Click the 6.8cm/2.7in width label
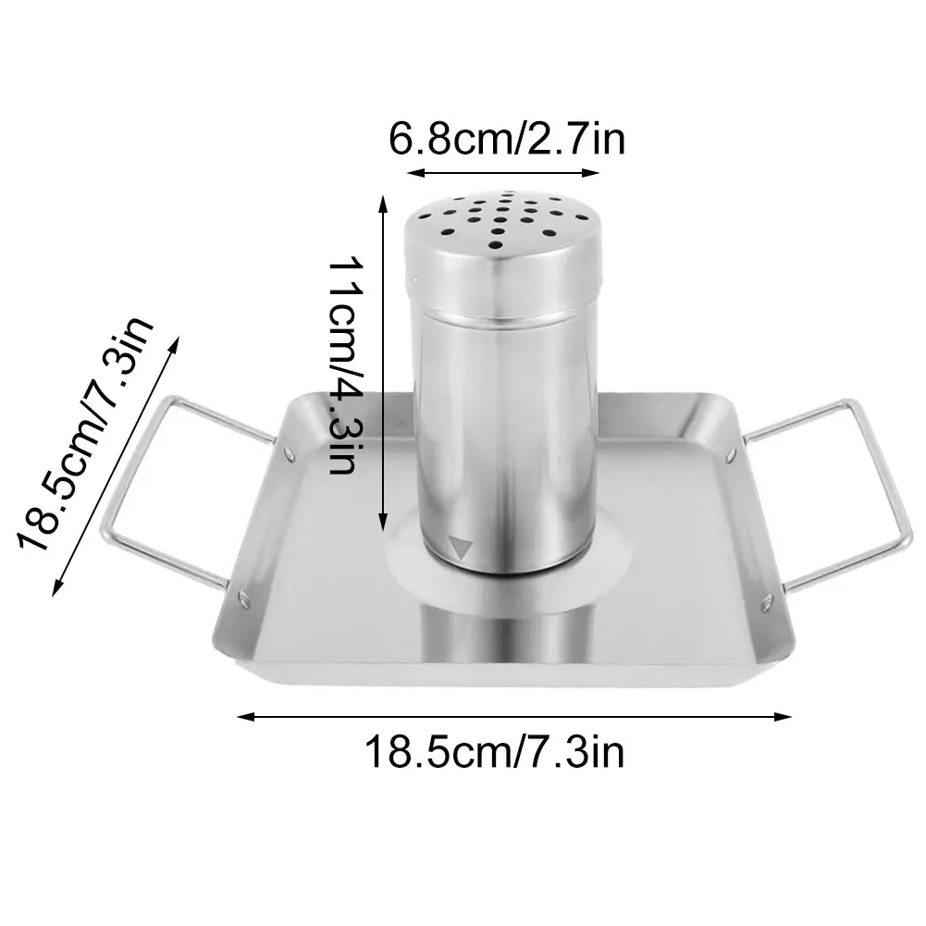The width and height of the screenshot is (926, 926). [x=507, y=140]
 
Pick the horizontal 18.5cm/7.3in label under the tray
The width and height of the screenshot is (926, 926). [x=495, y=750]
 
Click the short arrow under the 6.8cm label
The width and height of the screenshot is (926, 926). [x=504, y=173]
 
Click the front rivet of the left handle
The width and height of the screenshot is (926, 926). [x=242, y=600]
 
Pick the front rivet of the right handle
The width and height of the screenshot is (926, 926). [x=767, y=603]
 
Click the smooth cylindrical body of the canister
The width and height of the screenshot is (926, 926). [x=504, y=426]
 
